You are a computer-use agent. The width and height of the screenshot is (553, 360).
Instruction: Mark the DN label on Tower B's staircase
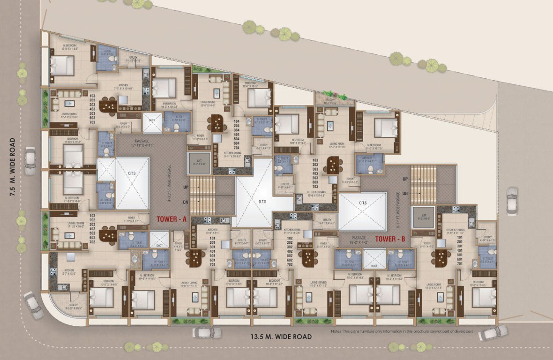404,193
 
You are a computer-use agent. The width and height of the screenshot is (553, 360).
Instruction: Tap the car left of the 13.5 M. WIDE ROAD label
207,332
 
